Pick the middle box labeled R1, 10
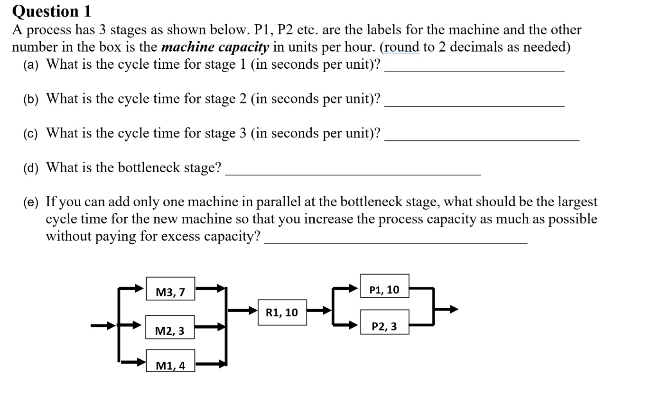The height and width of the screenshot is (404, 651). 282,312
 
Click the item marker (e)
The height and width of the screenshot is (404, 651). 31,202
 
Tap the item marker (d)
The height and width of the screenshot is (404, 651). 31,168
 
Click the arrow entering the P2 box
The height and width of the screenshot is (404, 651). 346,324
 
